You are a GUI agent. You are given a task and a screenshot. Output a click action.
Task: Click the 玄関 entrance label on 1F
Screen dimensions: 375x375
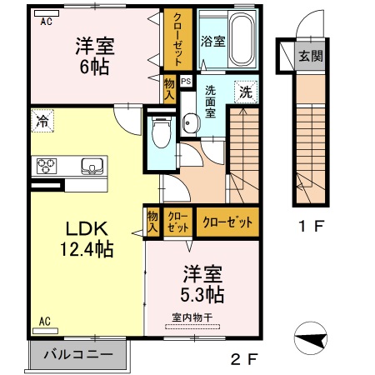click(x=307, y=57)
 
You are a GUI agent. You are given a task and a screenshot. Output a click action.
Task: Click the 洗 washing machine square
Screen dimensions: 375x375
click(x=246, y=92)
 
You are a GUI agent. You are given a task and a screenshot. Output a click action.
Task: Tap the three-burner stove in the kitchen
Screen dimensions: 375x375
click(x=46, y=165)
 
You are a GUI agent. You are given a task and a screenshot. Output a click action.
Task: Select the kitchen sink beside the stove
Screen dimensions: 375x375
click(x=89, y=166)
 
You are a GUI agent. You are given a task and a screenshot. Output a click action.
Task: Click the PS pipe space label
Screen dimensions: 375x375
click(x=185, y=82)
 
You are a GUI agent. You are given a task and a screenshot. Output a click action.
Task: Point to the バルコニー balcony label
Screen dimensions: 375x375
click(x=77, y=354)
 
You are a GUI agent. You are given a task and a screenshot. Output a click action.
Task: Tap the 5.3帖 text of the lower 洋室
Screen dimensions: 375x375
click(x=203, y=294)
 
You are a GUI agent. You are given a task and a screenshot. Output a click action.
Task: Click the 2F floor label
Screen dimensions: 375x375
click(x=244, y=359)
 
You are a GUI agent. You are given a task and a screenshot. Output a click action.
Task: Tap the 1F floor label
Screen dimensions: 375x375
click(x=312, y=226)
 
